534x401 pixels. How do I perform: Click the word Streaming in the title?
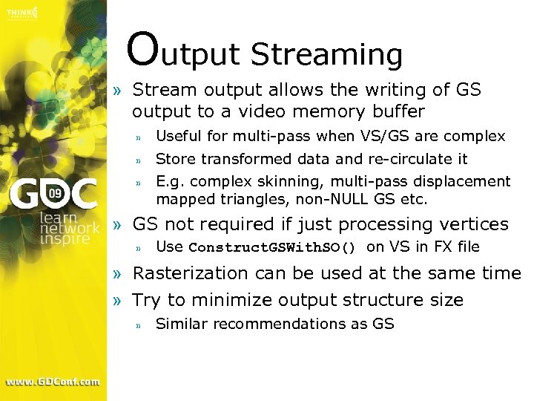point(326,55)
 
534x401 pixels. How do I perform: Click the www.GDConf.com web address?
point(53,382)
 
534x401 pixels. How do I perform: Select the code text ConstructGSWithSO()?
point(272,247)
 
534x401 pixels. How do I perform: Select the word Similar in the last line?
point(180,324)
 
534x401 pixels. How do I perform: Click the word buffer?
point(399,112)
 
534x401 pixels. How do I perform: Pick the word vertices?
point(475,224)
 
